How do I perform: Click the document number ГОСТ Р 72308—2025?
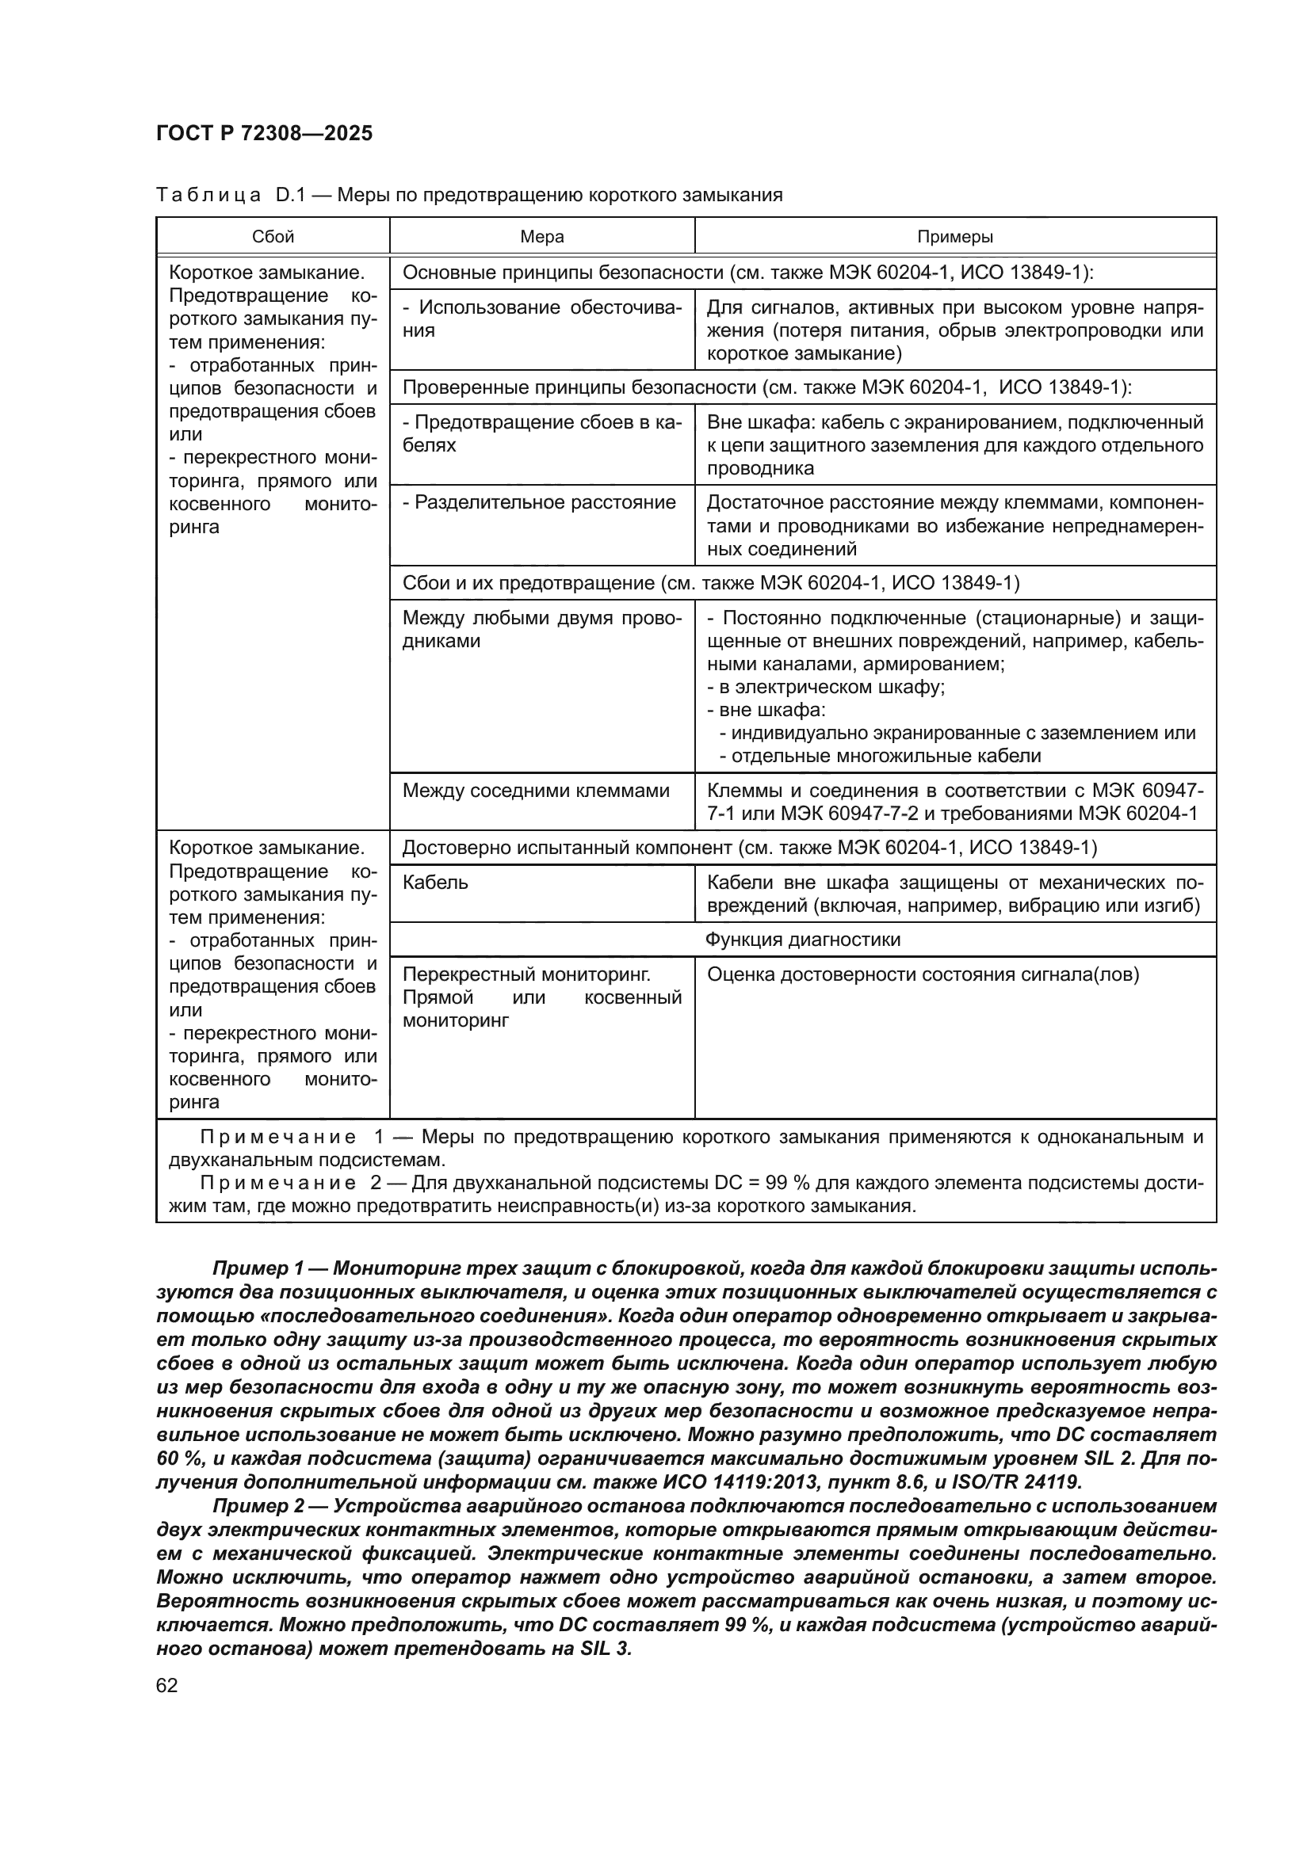click(x=264, y=133)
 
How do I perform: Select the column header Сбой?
click(x=273, y=236)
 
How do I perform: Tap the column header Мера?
click(x=541, y=236)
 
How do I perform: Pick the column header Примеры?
click(x=955, y=236)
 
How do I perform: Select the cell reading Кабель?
click(x=435, y=882)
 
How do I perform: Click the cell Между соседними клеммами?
click(x=536, y=790)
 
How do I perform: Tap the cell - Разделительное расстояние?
click(x=539, y=502)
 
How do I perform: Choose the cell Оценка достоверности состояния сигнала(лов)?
click(x=923, y=974)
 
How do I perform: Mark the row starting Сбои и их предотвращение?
click(x=710, y=583)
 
